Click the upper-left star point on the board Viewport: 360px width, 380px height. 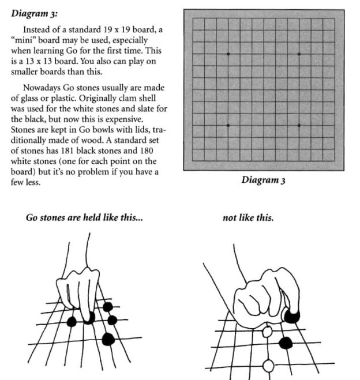(x=228, y=54)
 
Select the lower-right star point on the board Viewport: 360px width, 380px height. (x=299, y=125)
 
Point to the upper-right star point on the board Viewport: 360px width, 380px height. (x=299, y=54)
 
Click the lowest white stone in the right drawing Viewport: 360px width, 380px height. (x=268, y=365)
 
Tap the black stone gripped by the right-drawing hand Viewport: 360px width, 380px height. (x=292, y=315)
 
